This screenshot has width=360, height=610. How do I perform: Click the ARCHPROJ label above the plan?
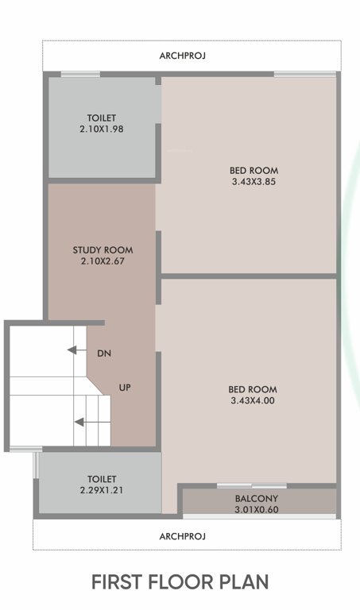(183, 56)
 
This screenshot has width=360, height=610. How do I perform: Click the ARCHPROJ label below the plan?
(183, 536)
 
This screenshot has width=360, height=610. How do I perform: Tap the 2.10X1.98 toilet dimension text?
(102, 129)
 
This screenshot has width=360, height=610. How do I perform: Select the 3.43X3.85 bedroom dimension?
(254, 182)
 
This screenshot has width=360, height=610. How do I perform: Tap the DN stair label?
(103, 352)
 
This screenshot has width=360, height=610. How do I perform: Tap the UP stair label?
(125, 388)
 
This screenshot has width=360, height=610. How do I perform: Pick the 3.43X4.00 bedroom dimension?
(253, 400)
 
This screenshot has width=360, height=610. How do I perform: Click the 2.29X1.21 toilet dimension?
(102, 490)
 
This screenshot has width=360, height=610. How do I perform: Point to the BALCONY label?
(255, 499)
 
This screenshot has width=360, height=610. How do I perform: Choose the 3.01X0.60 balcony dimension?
(255, 509)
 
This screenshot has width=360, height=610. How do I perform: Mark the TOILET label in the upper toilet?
(102, 118)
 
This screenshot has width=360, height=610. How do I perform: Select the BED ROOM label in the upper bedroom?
(254, 171)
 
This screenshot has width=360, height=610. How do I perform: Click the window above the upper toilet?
(80, 75)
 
